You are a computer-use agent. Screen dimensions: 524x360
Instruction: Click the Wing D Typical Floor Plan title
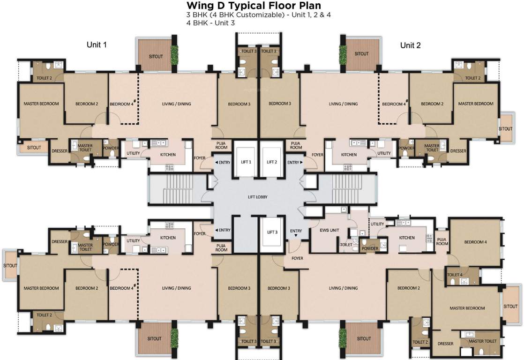254,5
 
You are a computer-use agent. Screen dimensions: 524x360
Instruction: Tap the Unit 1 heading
97,45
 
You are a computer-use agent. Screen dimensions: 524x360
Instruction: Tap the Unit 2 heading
411,45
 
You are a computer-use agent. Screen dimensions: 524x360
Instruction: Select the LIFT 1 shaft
246,159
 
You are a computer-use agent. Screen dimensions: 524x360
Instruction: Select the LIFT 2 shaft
272,159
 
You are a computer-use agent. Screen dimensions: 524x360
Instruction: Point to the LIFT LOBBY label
258,197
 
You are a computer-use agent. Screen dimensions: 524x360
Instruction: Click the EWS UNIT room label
329,230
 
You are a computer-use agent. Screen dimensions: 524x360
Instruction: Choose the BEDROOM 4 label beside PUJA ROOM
476,242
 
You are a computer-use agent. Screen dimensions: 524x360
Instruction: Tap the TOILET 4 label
455,275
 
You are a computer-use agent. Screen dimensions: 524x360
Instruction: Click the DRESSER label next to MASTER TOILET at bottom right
445,344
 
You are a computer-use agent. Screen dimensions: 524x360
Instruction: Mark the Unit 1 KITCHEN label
168,155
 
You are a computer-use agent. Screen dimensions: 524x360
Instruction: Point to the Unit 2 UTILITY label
384,153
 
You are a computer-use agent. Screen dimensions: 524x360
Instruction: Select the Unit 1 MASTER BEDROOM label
41,104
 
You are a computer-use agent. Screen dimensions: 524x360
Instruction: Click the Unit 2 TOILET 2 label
472,78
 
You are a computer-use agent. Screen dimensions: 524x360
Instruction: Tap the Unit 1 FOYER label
200,158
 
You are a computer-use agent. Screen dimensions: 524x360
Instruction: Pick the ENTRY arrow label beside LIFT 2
295,163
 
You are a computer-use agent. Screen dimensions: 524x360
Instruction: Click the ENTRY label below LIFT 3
296,231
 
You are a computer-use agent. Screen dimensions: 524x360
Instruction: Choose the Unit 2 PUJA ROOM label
296,145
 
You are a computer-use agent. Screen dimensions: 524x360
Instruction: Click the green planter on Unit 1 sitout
174,55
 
